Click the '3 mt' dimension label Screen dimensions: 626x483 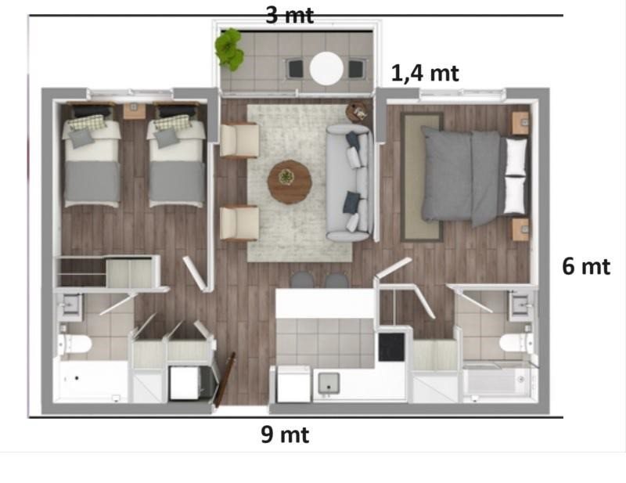290,15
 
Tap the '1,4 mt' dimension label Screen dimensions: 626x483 425,74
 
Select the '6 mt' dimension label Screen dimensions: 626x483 586,266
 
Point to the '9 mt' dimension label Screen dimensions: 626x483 285,434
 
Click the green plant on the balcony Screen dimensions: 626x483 229,49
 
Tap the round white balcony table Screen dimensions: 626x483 326,68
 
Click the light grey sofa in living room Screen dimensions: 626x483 350,183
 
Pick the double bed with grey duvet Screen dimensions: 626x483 475,176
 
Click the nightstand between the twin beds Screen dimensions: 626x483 134,111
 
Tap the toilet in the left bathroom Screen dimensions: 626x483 74,344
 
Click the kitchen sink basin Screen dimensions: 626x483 329,383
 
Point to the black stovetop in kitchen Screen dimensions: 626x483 391,347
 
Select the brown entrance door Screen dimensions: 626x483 224,380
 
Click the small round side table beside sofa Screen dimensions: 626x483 358,112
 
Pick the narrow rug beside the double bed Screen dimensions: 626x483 422,177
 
